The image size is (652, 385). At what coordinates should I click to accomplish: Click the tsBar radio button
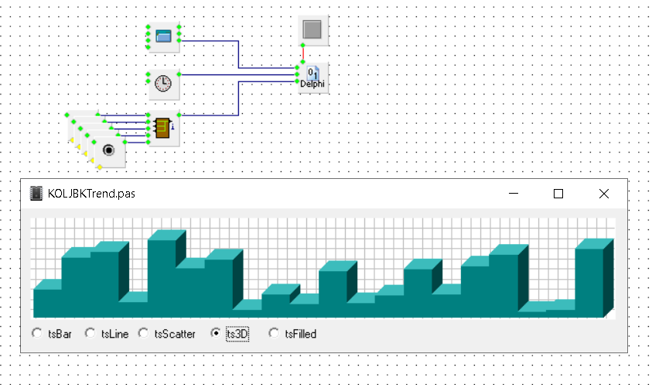36,334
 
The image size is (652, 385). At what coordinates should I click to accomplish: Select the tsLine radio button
90,334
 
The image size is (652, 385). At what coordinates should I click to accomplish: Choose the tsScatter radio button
143,334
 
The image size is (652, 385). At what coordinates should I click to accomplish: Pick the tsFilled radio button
274,334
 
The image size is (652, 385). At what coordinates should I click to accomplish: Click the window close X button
604,194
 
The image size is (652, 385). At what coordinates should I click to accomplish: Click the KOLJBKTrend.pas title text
91,194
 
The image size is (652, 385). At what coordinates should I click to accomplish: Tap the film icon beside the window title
35,194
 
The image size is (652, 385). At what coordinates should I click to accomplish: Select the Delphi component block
313,77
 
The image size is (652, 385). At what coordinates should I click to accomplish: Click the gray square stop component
313,30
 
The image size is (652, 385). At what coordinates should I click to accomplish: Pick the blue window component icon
162,36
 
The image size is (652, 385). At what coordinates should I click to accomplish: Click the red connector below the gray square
303,56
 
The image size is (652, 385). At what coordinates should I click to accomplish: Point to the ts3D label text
237,334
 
